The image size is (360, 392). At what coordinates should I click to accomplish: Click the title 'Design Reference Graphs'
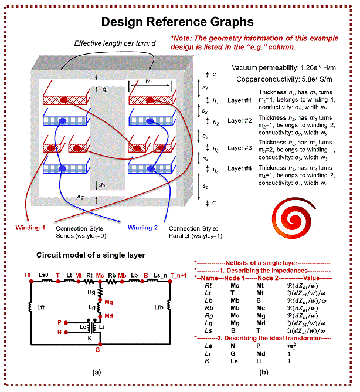[177, 22]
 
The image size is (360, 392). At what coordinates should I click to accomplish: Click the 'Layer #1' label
[239, 100]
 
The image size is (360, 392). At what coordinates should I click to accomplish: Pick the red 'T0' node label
[27, 275]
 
